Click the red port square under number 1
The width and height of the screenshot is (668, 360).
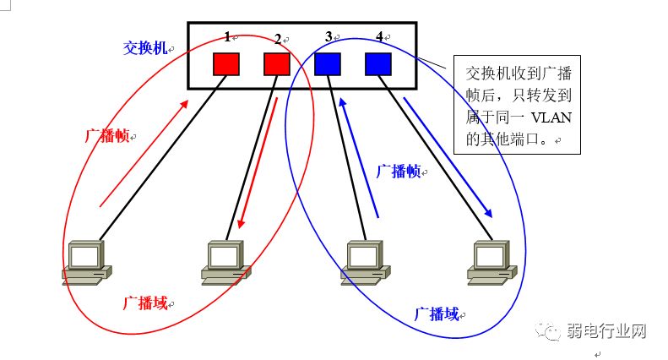point(226,64)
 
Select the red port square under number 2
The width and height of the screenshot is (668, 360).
point(277,64)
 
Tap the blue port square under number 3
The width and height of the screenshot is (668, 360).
point(328,64)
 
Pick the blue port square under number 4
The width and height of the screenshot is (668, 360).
point(378,64)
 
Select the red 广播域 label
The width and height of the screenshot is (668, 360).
point(144,302)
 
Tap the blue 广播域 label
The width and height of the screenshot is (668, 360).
point(437,314)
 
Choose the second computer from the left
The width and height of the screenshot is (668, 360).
point(225,261)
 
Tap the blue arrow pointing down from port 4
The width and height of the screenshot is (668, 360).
point(447,157)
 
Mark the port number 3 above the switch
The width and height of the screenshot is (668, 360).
point(329,37)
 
